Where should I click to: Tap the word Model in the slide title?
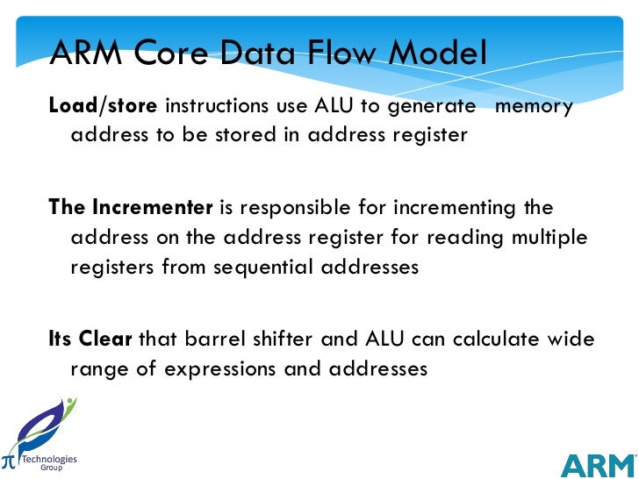point(434,54)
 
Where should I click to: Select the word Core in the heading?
point(167,54)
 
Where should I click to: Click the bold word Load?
point(73,107)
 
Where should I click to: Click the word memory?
point(535,107)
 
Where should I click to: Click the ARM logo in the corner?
point(597,465)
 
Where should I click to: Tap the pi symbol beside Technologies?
point(9,461)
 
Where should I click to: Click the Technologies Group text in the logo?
point(49,463)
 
